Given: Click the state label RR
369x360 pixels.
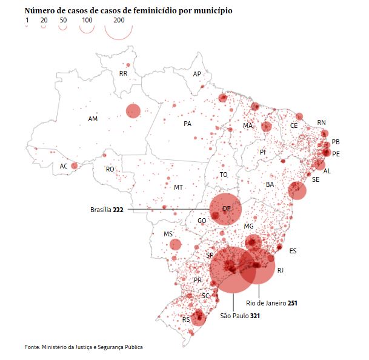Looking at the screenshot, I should click(x=123, y=74).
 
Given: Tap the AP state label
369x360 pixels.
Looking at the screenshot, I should click(x=197, y=74).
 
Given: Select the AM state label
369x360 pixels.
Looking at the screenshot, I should click(x=93, y=119).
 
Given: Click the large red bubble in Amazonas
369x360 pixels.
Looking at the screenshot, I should click(x=133, y=111).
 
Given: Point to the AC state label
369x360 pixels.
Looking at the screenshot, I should click(x=64, y=166).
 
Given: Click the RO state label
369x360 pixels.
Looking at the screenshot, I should click(x=110, y=170).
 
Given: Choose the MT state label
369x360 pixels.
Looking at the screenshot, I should click(x=178, y=188).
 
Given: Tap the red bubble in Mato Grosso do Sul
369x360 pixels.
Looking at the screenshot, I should click(x=175, y=245).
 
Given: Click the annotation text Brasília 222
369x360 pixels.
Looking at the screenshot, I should click(x=107, y=210).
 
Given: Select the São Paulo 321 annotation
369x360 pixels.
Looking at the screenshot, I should click(x=240, y=316).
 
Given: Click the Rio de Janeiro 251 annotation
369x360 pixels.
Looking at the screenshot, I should click(x=271, y=302).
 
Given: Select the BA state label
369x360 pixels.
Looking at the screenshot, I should click(x=270, y=184).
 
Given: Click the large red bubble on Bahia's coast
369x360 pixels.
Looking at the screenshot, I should click(x=297, y=190).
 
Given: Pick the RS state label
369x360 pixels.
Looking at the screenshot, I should click(x=187, y=319).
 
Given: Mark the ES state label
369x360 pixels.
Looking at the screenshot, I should click(x=293, y=251).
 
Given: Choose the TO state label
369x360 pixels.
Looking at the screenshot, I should click(x=224, y=175).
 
